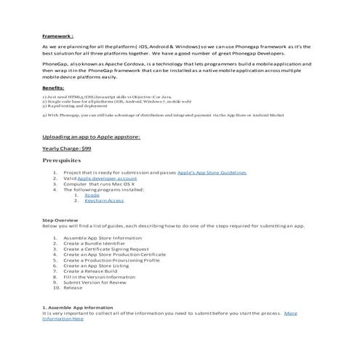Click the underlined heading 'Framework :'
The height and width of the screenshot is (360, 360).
coord(57,35)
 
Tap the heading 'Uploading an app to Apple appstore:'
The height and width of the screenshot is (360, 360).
coord(91,136)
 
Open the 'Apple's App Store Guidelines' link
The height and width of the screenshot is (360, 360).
coord(212,172)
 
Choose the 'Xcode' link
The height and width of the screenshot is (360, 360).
coord(92,195)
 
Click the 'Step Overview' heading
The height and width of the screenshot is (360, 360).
coord(60,220)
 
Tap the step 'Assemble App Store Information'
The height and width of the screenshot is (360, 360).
coord(103,238)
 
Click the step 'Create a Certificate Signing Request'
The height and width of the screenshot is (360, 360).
coord(109,249)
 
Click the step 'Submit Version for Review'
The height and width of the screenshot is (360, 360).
coord(95,282)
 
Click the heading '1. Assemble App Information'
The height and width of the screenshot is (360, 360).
coord(78,307)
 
